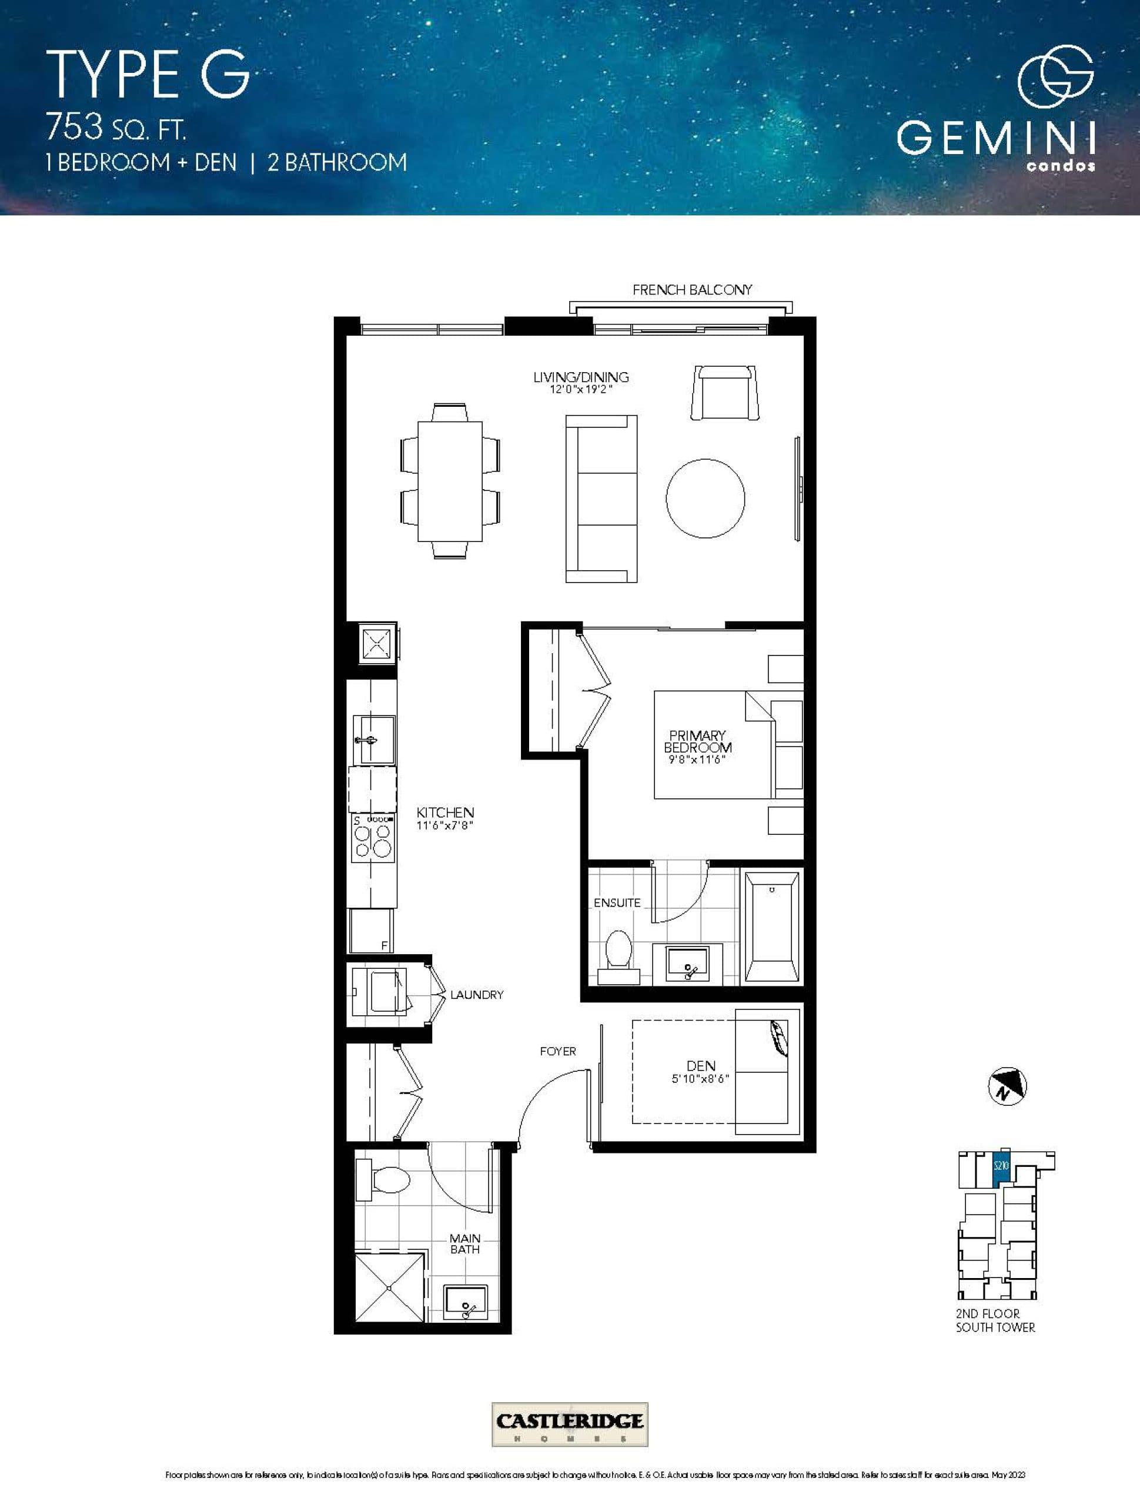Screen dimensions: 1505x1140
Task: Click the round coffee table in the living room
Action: click(x=705, y=499)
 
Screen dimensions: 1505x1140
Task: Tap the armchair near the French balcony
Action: click(x=726, y=393)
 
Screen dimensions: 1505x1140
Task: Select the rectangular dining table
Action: click(x=450, y=481)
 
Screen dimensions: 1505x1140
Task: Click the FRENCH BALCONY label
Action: click(x=692, y=290)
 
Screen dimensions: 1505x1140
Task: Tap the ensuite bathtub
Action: click(x=772, y=927)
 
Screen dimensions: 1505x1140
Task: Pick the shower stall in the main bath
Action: click(x=389, y=1287)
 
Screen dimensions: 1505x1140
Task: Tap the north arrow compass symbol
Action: click(x=1007, y=1086)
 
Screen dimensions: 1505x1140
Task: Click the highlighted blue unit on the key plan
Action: click(x=1000, y=1167)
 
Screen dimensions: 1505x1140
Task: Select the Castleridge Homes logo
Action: click(x=570, y=1423)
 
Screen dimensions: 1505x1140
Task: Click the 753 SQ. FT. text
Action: click(x=116, y=127)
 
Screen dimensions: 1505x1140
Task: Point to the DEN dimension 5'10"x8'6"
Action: click(x=700, y=1078)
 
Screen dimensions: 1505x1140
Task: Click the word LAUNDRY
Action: click(x=476, y=995)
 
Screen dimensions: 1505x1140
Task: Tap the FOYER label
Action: click(x=557, y=1051)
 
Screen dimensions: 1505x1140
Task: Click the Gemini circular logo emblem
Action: click(x=1055, y=76)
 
